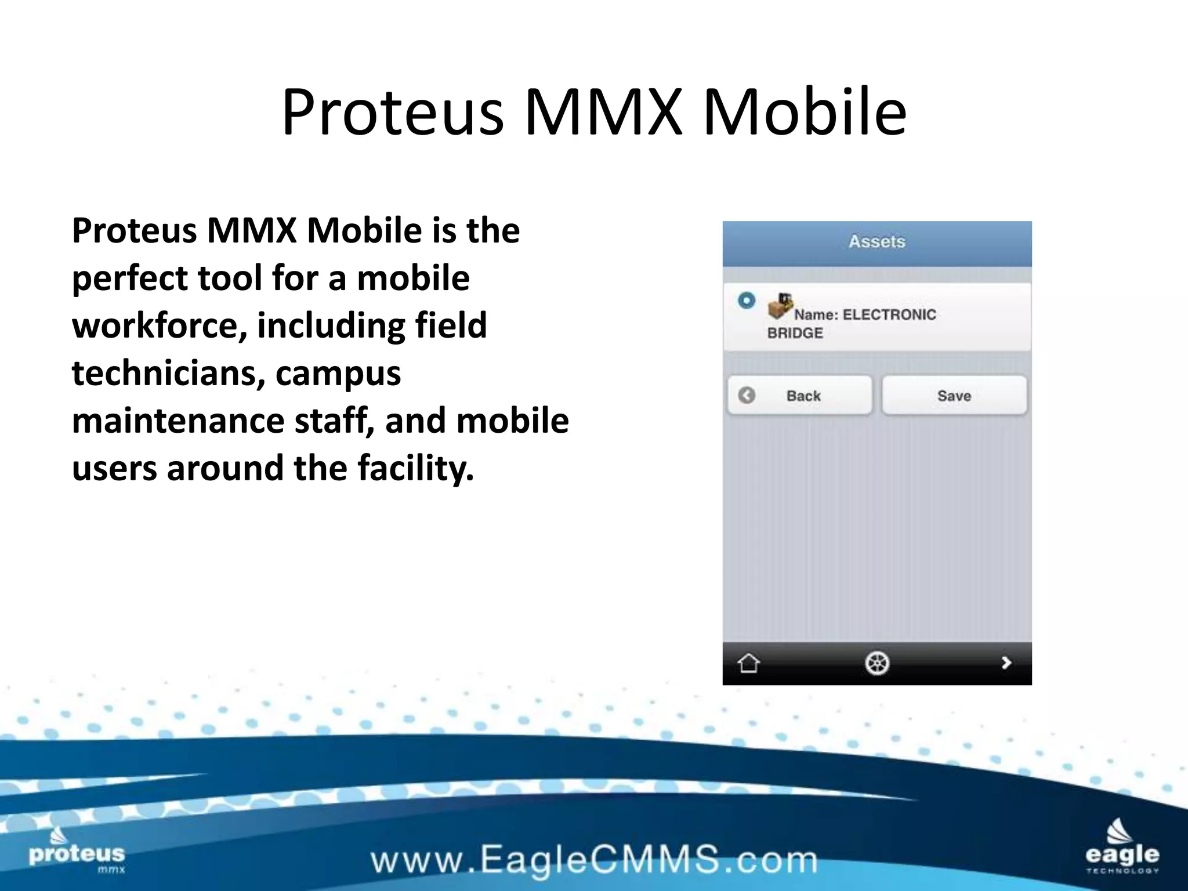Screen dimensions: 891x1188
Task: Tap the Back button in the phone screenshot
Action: pos(800,396)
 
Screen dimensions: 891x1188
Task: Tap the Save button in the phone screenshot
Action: pos(954,396)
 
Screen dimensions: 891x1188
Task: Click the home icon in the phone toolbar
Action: pos(748,662)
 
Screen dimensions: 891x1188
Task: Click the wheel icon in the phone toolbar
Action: pos(876,662)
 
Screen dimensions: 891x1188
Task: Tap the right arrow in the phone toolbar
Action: pos(1006,662)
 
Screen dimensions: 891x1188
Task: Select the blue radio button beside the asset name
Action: pos(747,300)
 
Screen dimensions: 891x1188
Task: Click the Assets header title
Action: pos(876,241)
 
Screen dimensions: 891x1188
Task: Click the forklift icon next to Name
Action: pos(780,306)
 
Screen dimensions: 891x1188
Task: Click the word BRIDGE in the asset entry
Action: pos(795,334)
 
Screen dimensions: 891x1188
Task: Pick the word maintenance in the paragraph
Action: pos(178,421)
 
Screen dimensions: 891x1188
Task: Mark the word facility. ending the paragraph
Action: pos(415,469)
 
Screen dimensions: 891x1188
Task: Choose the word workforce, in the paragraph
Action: pos(159,326)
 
